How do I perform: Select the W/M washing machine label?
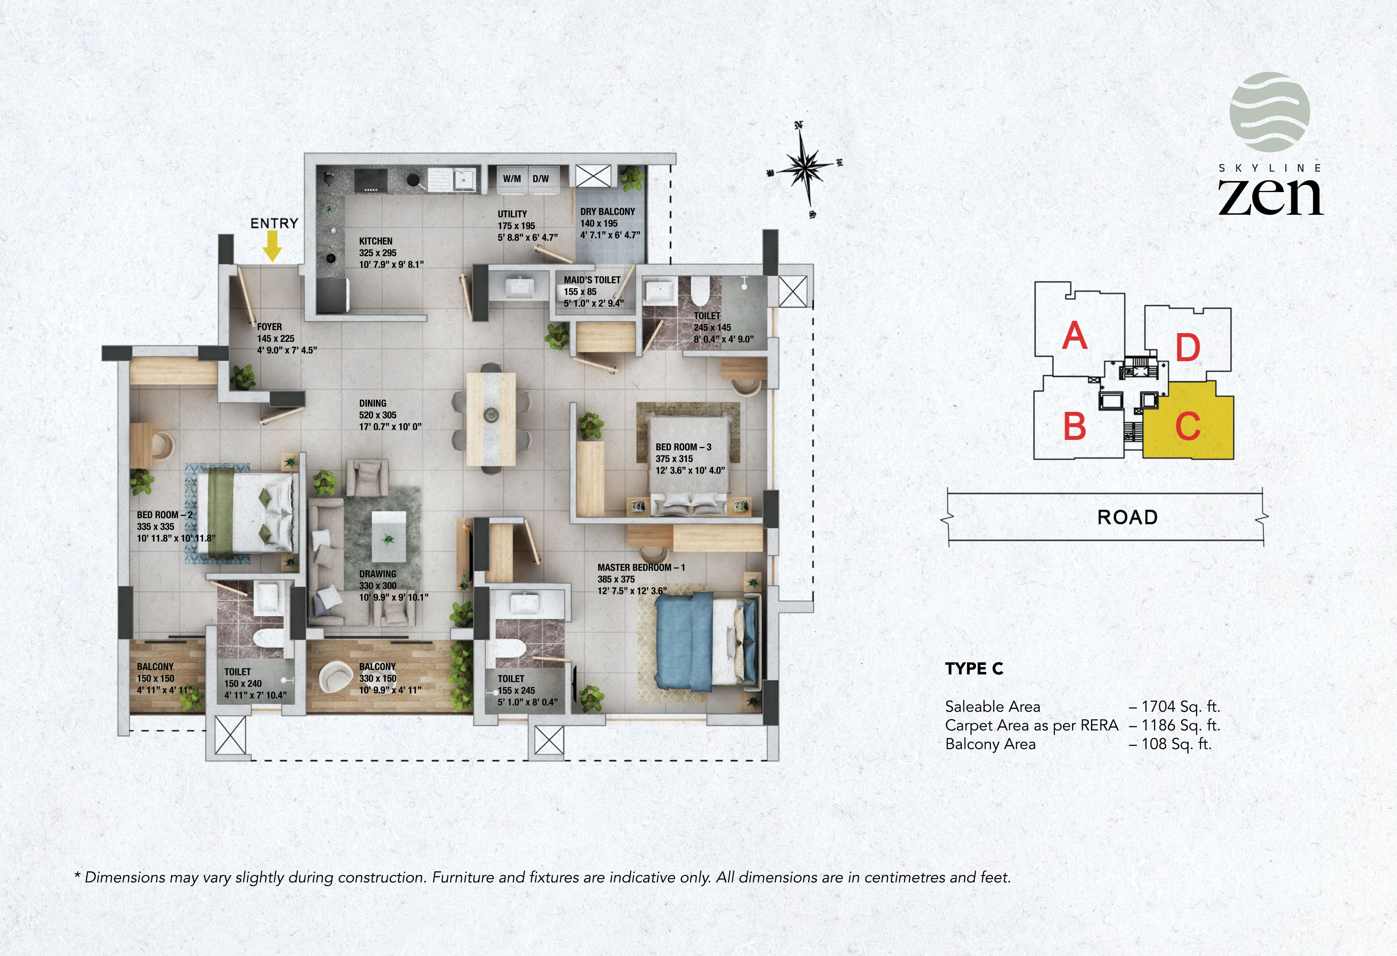point(511,179)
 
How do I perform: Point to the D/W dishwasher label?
point(540,179)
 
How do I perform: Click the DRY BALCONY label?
point(607,212)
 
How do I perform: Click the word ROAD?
point(1127,517)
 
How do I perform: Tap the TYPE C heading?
point(974,669)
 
